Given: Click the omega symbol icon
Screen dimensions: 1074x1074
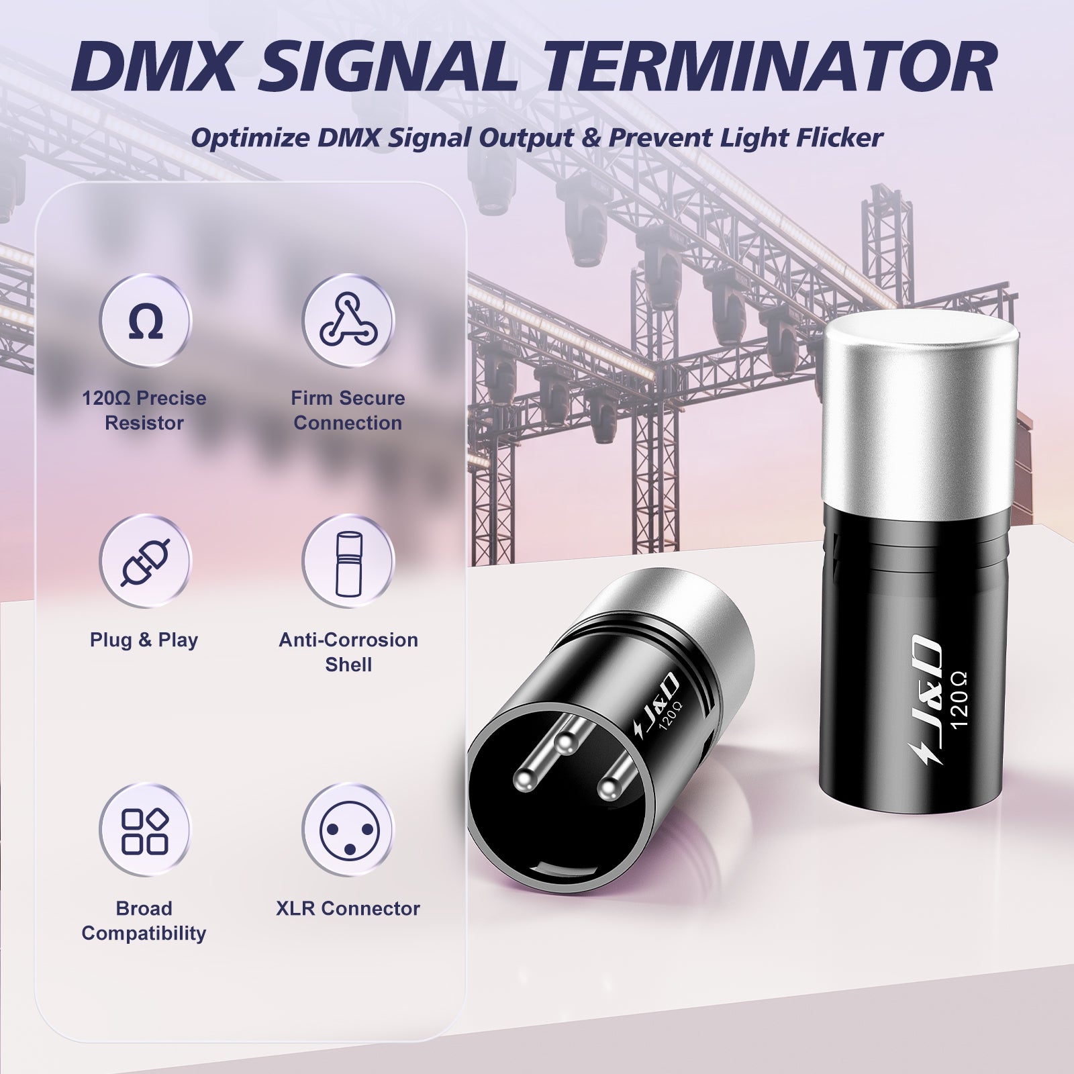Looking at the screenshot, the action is tap(145, 321).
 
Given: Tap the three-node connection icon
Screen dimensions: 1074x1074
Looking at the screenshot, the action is tap(348, 321).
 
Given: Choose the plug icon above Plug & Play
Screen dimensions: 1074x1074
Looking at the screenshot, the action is tap(145, 561).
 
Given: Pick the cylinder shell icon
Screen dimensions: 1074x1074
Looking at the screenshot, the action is tap(348, 561).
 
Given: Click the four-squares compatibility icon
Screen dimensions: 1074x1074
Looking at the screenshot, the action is tap(145, 831).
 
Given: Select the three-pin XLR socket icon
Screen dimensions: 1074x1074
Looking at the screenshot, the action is tap(348, 831).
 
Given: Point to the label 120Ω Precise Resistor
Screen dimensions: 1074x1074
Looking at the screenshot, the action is tap(144, 410).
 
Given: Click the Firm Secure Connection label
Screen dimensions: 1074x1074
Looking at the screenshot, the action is tap(348, 410).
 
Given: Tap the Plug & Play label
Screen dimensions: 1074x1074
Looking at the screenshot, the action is tap(144, 640).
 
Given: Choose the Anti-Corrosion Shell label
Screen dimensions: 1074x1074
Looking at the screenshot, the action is tap(348, 652).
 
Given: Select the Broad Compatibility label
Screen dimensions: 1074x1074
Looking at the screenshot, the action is tap(144, 920).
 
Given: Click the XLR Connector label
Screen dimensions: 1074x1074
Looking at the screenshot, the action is tap(348, 908).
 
